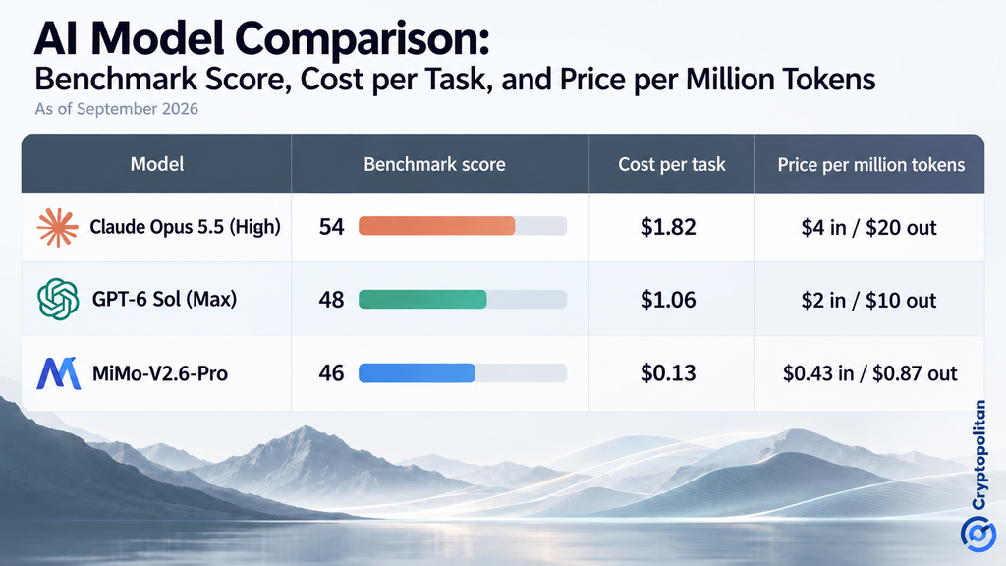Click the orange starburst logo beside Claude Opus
(58, 227)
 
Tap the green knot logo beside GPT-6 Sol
(58, 299)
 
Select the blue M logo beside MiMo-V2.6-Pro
(58, 373)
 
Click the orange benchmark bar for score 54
(437, 226)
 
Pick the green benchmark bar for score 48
(422, 299)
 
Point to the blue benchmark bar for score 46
(417, 372)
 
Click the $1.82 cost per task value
(668, 227)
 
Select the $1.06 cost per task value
(668, 300)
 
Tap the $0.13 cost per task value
(668, 372)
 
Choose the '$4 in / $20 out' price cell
(868, 227)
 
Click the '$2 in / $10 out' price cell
(868, 300)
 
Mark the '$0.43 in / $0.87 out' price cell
(870, 373)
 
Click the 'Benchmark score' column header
(434, 164)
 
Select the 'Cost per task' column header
(672, 165)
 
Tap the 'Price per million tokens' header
(871, 165)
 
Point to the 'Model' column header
(157, 164)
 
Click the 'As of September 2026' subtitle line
(116, 109)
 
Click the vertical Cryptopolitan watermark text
(979, 455)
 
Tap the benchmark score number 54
(332, 227)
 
